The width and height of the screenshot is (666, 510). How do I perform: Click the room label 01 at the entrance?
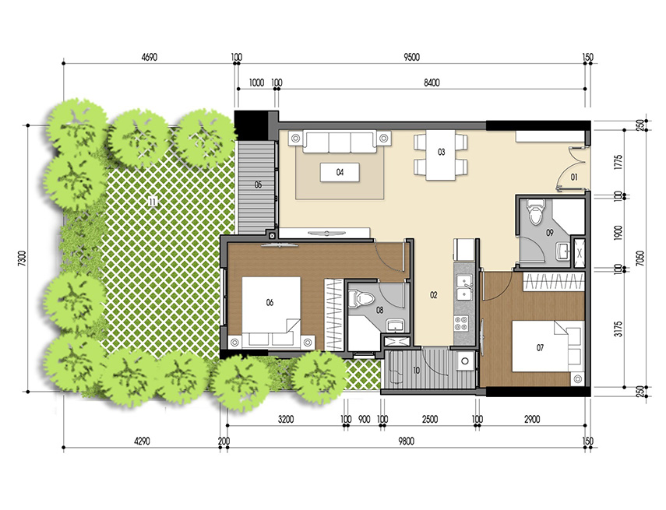click(x=573, y=178)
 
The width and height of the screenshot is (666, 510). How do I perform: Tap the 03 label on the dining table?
click(x=441, y=153)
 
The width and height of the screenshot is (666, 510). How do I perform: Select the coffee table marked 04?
click(x=340, y=172)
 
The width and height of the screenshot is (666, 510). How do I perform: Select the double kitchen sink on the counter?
click(x=463, y=286)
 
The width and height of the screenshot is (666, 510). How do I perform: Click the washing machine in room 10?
click(x=465, y=360)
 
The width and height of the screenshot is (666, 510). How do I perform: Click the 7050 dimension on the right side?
click(x=639, y=256)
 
